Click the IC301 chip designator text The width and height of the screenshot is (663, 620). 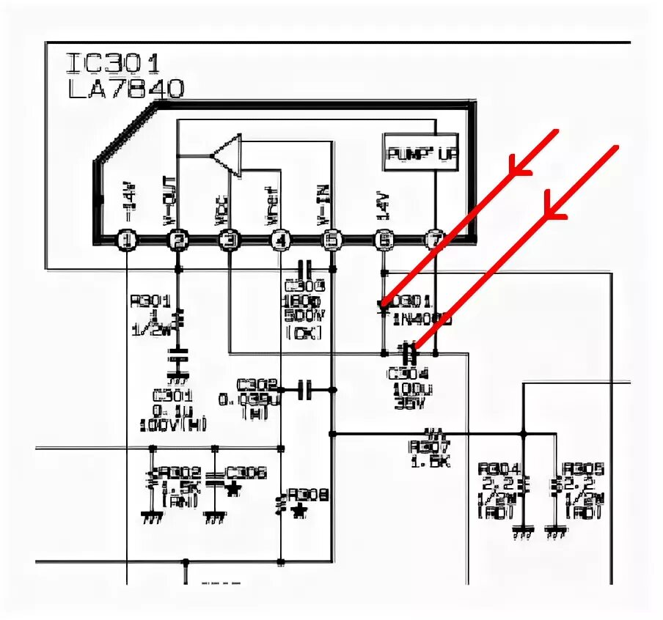pyautogui.click(x=113, y=64)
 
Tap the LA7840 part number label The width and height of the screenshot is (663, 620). pyautogui.click(x=125, y=89)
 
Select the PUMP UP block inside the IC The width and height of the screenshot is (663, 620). pyautogui.click(x=421, y=154)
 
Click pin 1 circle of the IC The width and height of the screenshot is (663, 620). pyautogui.click(x=128, y=240)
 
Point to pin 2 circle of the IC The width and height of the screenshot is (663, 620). pyautogui.click(x=177, y=240)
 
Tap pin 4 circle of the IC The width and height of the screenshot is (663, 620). pyautogui.click(x=280, y=240)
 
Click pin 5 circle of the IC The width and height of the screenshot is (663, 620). pyautogui.click(x=332, y=240)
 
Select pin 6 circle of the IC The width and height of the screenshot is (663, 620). pyautogui.click(x=383, y=240)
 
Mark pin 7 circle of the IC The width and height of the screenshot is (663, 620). pyautogui.click(x=435, y=240)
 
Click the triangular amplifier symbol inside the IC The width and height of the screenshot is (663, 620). pyautogui.click(x=227, y=155)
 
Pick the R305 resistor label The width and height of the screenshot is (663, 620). pyautogui.click(x=583, y=469)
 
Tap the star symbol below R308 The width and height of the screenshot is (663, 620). pyautogui.click(x=298, y=511)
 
